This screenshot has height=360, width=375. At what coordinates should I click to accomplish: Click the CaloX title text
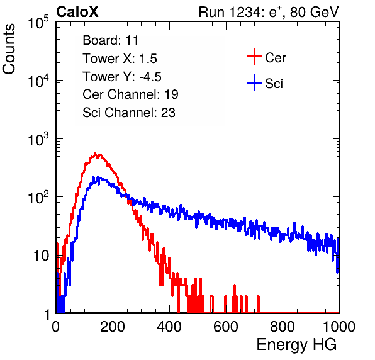pos(77,12)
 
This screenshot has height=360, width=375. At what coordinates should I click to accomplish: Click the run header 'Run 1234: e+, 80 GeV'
pos(269,12)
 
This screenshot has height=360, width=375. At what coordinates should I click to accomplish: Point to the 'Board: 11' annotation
pos(111,40)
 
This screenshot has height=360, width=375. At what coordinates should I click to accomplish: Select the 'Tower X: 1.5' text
pos(120,59)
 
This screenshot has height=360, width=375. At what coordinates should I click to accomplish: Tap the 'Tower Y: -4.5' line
pos(122,77)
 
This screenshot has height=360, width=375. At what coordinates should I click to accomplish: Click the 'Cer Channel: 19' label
pos(130,94)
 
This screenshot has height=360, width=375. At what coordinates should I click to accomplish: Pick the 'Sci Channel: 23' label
pos(129,113)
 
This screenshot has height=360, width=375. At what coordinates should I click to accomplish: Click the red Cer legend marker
pos(254,57)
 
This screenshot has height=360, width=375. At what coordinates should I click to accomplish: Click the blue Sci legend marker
pos(254,82)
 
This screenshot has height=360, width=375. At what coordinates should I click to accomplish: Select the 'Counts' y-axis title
pos(9,49)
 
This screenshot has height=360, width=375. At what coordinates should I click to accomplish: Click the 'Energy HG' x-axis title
pos(296,344)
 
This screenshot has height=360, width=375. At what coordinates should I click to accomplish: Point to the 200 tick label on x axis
pos(113,327)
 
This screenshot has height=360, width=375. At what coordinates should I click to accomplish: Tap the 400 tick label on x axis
pos(169,327)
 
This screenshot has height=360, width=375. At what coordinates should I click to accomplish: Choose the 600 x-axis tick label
pos(226,327)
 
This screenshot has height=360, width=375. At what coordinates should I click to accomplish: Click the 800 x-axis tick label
pos(283,327)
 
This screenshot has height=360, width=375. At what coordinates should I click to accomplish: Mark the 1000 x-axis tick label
pos(339,327)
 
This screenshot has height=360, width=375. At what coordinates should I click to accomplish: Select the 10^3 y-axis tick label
pos(38,138)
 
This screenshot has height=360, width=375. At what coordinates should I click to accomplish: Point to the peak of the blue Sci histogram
pos(94,177)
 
